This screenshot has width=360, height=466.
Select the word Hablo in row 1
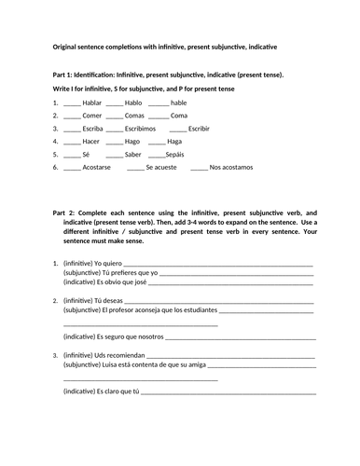click(x=134, y=102)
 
